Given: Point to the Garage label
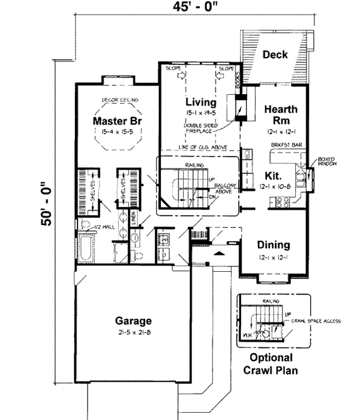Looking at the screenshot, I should pos(134,320).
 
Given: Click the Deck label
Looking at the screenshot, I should pos(275,55).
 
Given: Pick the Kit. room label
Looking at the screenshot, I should pos(273,176).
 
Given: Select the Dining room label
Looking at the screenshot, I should pos(274,245).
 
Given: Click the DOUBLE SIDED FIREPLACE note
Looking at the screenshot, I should pos(201,130).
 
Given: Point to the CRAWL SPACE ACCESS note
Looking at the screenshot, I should pos(316,321).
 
